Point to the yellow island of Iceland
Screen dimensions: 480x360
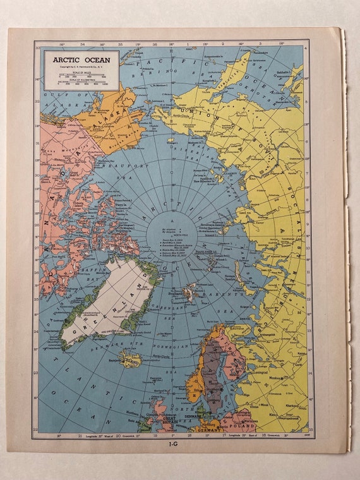(131, 360)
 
